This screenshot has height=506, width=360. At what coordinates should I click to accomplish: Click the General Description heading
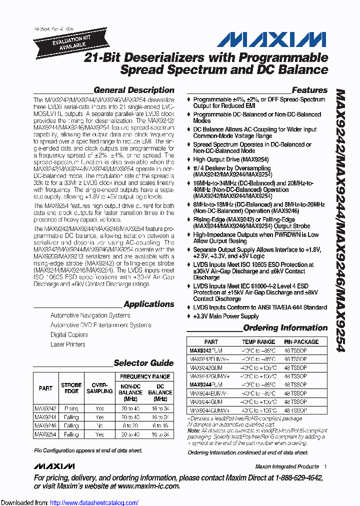134,90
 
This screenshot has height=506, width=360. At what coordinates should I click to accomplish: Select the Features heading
309,90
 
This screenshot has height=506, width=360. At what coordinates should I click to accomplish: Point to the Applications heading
148,304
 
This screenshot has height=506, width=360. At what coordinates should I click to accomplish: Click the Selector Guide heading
143,363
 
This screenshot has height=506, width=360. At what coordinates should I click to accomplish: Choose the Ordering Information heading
285,328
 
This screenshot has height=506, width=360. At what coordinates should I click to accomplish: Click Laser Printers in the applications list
68,344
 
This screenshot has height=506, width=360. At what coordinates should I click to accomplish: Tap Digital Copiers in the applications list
69,335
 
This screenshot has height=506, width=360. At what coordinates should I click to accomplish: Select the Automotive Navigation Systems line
90,315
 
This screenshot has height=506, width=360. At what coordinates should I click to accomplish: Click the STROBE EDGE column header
71,388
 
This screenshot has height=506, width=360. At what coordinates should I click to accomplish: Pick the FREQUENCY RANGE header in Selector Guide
145,376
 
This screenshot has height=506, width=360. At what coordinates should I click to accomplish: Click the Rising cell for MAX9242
71,408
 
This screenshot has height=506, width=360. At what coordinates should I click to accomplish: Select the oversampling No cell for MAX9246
100,425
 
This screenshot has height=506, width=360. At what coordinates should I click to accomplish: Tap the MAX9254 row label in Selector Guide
45,434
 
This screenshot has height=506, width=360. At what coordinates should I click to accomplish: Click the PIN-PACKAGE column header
301,342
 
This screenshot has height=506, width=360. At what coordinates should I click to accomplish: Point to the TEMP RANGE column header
258,342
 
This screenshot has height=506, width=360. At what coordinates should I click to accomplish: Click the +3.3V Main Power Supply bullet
226,316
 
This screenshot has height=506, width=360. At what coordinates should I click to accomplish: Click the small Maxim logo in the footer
54,466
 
